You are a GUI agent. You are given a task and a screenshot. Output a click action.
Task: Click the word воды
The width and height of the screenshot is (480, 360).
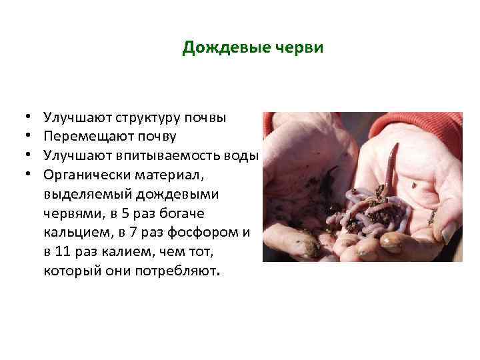tap(243, 155)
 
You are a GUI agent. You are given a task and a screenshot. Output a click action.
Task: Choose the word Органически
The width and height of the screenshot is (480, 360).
tap(83, 175)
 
